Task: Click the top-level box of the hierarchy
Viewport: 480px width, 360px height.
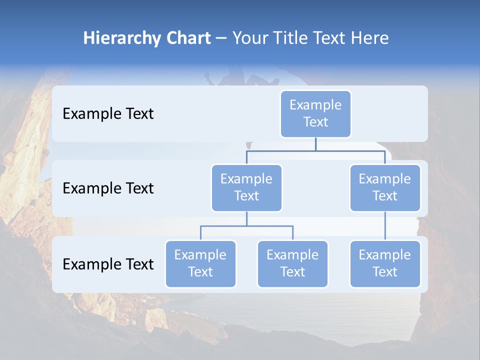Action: [315, 114]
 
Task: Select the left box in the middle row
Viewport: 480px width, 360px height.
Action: [246, 188]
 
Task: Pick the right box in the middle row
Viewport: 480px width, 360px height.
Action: [385, 188]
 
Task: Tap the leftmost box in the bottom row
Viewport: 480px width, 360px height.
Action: [200, 264]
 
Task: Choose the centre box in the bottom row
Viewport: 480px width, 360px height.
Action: [292, 264]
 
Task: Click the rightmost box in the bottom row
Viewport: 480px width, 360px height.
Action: [385, 264]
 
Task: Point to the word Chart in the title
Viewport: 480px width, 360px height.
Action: [186, 38]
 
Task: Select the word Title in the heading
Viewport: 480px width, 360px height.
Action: [290, 38]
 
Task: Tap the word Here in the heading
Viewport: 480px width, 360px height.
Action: [370, 38]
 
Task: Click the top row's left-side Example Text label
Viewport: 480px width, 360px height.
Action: [108, 114]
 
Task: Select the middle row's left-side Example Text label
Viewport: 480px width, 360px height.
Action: [108, 188]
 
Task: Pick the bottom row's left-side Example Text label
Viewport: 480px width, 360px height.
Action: [108, 264]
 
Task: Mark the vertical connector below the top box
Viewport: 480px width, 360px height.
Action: [315, 144]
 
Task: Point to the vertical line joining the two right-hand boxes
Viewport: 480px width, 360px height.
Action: [385, 226]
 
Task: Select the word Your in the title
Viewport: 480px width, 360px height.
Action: [248, 38]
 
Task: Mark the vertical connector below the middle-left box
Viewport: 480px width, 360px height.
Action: [246, 219]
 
